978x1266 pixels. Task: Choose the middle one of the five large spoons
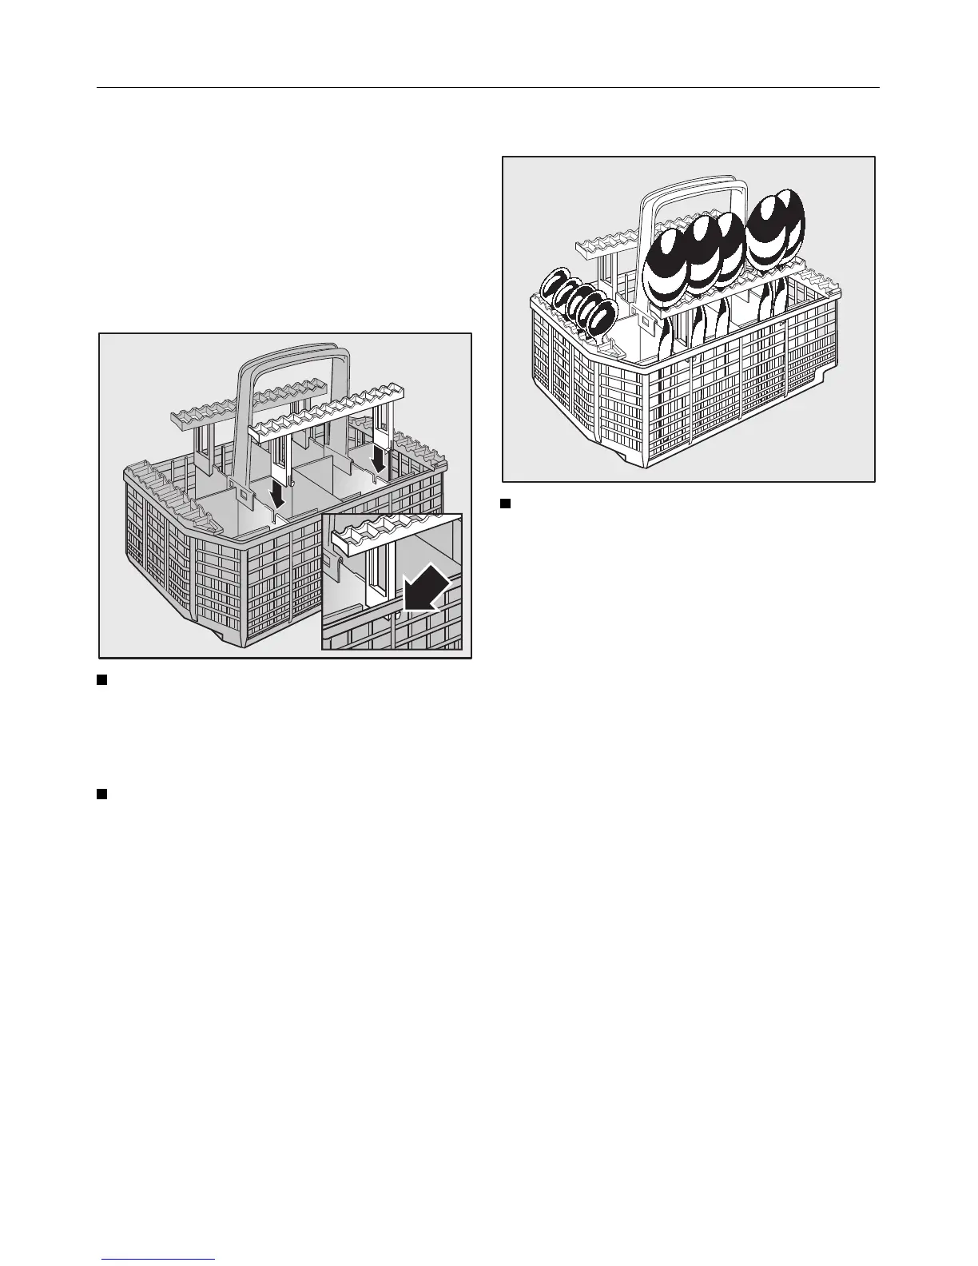coord(723,248)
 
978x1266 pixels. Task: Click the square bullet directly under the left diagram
coord(101,680)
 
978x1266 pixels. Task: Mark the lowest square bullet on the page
coord(101,794)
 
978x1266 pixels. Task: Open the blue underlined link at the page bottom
coord(159,1260)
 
